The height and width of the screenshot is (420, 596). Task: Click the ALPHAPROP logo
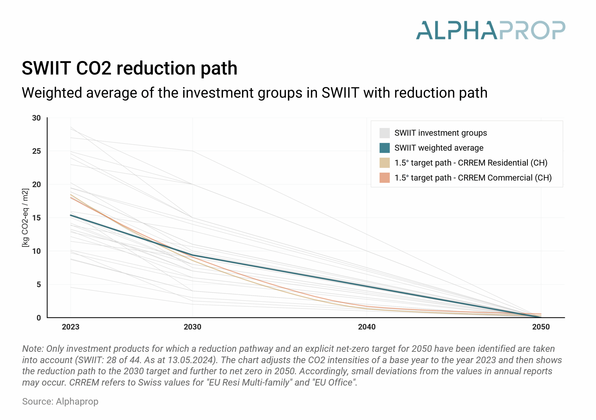coord(490,30)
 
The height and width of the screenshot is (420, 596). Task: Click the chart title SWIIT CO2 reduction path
coord(129,68)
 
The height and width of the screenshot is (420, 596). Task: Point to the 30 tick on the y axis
coord(36,118)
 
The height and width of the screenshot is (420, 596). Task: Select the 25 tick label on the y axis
coord(36,151)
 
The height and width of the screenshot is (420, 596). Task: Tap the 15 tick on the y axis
coord(36,218)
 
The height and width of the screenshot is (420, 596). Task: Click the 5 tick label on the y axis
coord(38,285)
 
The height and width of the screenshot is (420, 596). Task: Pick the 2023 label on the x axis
coord(70,327)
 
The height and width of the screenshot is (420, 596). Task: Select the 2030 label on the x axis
coord(192,327)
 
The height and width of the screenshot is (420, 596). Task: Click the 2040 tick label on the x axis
coord(366,327)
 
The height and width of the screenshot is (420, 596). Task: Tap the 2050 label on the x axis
coord(541,327)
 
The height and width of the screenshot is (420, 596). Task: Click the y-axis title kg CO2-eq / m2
coord(25,218)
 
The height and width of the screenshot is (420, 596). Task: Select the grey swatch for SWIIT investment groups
coord(384,133)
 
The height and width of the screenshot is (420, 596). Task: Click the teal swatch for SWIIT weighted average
coord(384,148)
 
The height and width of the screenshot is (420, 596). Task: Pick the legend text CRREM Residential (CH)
coord(502,163)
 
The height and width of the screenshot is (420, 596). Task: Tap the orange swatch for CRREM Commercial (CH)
coord(384,178)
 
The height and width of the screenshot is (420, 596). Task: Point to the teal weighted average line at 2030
coord(192,255)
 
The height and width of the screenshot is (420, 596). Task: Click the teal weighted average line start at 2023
coord(71,215)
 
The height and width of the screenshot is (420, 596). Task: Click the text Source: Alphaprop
coord(60,401)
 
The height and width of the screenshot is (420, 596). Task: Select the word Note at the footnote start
coord(33,349)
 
